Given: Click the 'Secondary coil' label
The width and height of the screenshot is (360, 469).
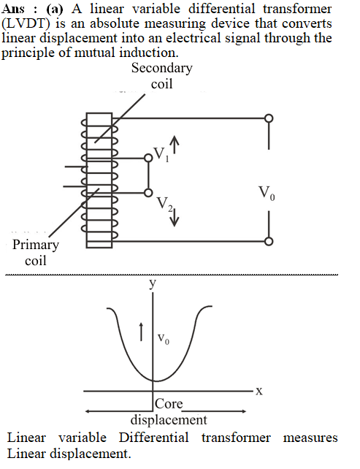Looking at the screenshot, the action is tap(162, 76).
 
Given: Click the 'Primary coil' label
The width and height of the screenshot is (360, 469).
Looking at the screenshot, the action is tap(36, 253).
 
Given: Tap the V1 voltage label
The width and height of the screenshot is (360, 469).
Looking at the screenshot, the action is tap(161, 154).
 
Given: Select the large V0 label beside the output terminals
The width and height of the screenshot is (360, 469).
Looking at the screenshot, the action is tap(267, 193).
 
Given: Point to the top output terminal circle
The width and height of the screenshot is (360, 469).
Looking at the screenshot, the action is tap(269, 118).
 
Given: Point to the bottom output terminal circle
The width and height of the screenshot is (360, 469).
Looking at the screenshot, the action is tap(269, 241).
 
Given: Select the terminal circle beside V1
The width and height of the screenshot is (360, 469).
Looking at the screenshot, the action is tap(148, 158).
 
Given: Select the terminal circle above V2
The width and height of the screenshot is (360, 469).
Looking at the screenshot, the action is tap(148, 193).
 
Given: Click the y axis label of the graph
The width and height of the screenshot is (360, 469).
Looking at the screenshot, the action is tap(153, 283).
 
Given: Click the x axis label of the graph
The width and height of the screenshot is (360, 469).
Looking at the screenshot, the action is tap(259, 391).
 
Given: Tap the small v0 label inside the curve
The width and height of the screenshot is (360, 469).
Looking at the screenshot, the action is tap(164, 339).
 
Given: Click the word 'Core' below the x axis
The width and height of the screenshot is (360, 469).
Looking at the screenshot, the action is tap(169, 404).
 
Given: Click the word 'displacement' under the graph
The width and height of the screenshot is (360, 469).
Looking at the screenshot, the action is tap(169, 420).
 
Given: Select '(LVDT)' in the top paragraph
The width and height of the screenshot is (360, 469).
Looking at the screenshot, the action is tap(25, 23).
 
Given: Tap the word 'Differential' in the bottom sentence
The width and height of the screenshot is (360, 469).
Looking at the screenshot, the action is tap(154, 438).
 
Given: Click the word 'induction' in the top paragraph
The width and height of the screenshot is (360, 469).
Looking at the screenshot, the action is tap(149, 53).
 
